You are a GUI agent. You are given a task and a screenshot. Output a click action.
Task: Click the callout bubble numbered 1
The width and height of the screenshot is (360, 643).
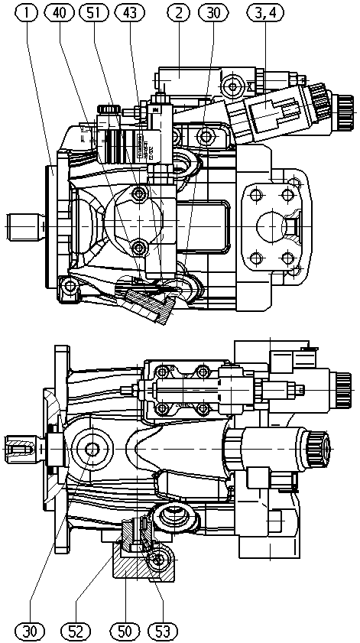[28, 12]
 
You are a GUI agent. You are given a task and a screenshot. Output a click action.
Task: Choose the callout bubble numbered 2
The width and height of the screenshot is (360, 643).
[178, 12]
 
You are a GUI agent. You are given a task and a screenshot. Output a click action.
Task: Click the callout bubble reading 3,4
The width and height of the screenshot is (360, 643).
[265, 12]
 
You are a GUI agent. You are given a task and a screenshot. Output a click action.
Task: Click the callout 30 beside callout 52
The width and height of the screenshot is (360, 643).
[30, 630]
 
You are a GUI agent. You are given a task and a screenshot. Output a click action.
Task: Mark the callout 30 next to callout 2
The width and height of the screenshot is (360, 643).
[213, 12]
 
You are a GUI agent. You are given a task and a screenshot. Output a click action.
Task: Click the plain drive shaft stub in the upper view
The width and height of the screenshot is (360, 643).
[25, 226]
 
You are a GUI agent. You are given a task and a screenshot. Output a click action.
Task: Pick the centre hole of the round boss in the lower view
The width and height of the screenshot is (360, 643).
[92, 450]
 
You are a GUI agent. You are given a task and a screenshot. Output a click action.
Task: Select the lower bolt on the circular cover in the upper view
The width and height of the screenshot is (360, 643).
[140, 247]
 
